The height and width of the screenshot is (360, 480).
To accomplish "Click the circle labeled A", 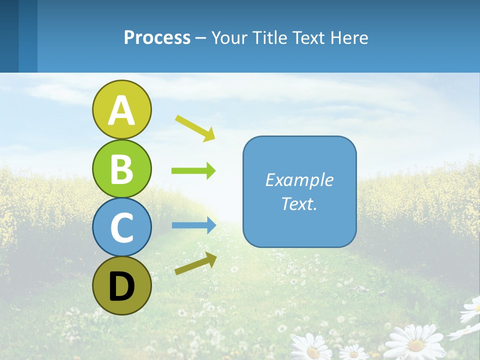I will point(121,109).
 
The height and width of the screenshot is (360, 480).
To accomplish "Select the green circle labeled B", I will point(121,168).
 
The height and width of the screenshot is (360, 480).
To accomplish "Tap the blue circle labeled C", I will point(121,227).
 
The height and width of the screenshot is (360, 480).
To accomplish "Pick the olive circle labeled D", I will point(121,285).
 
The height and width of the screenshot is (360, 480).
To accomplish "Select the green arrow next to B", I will point(193,171).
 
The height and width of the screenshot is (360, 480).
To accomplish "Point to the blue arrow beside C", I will point(194,225).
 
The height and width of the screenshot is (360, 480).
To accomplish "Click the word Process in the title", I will point(157,37).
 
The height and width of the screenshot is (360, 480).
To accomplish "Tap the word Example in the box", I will point(299,180).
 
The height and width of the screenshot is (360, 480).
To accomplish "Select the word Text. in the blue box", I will point(299,204).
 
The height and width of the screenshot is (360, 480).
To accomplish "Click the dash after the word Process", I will point(201,38).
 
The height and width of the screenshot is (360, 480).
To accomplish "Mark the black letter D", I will point(121,286).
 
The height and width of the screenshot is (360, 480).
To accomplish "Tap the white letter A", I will point(121,110).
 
